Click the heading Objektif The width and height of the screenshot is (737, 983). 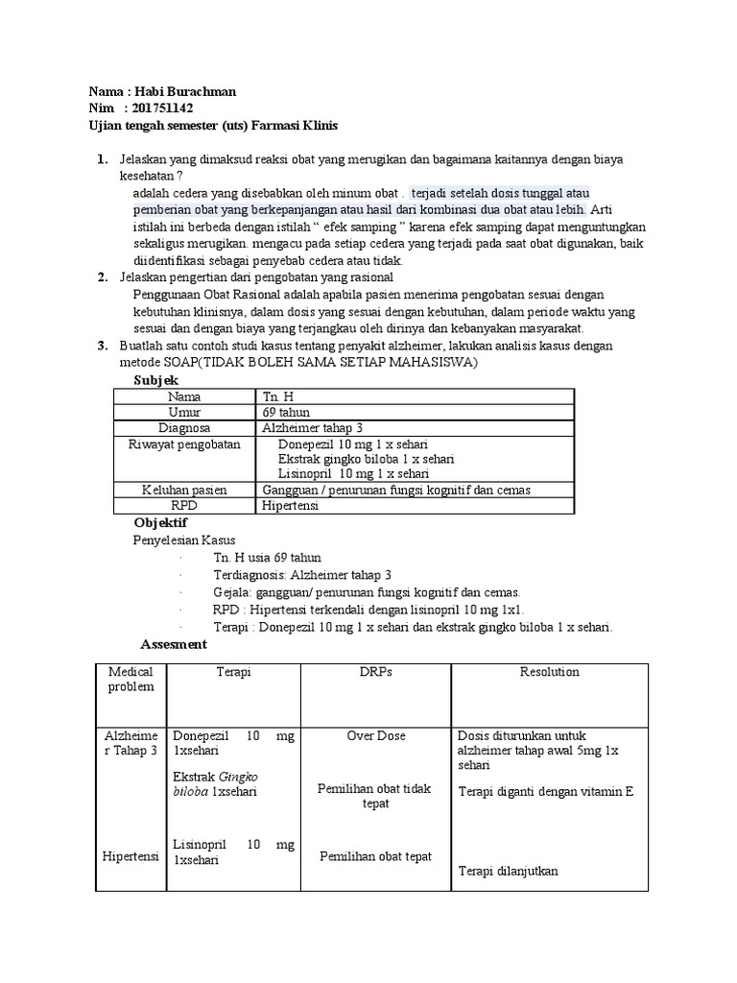(160, 522)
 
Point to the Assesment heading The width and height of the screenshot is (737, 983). (173, 644)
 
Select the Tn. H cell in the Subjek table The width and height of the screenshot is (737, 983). (276, 396)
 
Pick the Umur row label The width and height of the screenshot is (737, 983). (184, 412)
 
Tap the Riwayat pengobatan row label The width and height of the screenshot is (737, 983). (184, 444)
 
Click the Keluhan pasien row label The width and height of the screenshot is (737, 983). (184, 490)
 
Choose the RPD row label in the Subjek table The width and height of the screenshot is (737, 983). (184, 505)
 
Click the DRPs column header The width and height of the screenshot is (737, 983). (376, 672)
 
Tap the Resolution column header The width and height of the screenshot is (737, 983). (549, 672)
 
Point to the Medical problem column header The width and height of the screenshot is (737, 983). (131, 680)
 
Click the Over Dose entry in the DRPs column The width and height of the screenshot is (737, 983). (376, 735)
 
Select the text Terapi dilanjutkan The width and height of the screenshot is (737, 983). (509, 871)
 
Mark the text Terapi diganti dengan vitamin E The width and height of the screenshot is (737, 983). (547, 792)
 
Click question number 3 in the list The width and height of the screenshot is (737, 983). (102, 346)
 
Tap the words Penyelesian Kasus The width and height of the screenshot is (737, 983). (183, 540)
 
